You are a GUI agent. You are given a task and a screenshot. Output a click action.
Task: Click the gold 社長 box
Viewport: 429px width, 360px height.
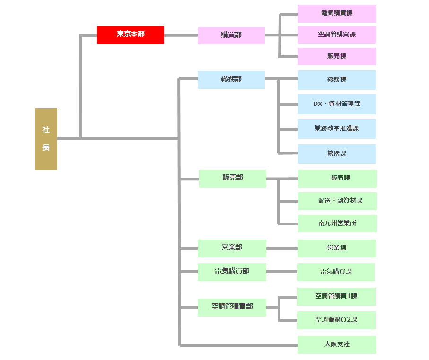(x=46, y=139)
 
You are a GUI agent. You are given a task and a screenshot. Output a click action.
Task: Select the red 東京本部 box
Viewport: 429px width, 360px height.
(x=131, y=34)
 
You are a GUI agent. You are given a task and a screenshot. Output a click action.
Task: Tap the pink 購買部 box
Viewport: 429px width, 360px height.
(x=231, y=35)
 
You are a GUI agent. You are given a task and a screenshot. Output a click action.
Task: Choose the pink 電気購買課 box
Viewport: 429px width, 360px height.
(x=336, y=13)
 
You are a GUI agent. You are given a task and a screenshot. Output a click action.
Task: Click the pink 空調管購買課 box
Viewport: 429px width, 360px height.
(x=336, y=34)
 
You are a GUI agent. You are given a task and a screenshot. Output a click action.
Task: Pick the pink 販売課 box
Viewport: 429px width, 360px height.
(x=336, y=56)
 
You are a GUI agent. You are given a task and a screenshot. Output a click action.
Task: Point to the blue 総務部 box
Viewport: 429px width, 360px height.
(x=231, y=79)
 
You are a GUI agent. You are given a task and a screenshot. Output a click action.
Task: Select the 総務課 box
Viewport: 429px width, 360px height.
(x=336, y=80)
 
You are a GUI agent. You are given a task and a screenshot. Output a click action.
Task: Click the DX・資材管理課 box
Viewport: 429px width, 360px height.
(x=336, y=104)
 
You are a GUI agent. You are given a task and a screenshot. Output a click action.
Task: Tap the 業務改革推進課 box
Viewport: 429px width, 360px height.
(x=336, y=129)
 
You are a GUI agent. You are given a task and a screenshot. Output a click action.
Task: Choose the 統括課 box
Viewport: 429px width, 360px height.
(x=336, y=154)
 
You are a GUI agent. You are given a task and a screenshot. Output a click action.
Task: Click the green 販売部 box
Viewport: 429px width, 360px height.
(x=232, y=178)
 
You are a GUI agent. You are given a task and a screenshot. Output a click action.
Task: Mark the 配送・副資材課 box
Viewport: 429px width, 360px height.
(x=337, y=201)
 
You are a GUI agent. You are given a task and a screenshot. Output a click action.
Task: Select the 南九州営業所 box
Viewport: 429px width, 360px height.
(x=337, y=223)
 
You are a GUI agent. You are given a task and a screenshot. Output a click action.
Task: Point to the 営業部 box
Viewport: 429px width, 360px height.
(x=232, y=248)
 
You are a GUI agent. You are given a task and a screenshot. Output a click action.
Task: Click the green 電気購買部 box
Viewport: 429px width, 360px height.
(x=232, y=272)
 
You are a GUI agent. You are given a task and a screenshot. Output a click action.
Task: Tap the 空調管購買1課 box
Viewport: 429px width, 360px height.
(x=336, y=296)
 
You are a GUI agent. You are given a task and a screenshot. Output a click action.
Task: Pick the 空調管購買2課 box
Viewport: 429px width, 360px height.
(x=336, y=320)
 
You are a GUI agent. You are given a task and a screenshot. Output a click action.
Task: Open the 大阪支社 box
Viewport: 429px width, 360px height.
(x=337, y=344)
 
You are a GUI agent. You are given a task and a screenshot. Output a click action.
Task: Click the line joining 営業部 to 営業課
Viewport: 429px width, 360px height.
(x=281, y=249)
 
